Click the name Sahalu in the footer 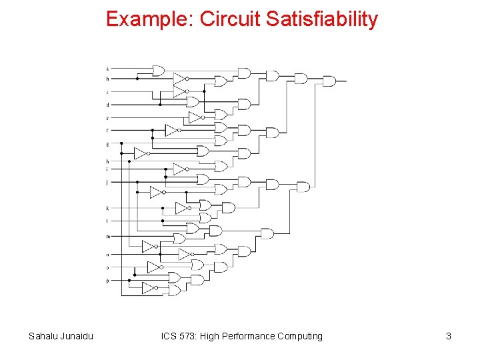(43, 336)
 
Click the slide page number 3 (449, 336)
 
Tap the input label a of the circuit (107, 69)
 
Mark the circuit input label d (107, 105)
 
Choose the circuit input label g (107, 144)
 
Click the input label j (107, 181)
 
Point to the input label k (107, 208)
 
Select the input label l (107, 220)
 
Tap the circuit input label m (107, 237)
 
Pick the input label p (107, 281)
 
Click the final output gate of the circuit (329, 81)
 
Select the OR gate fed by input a (159, 71)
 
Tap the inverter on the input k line (181, 208)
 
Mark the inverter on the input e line (195, 117)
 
